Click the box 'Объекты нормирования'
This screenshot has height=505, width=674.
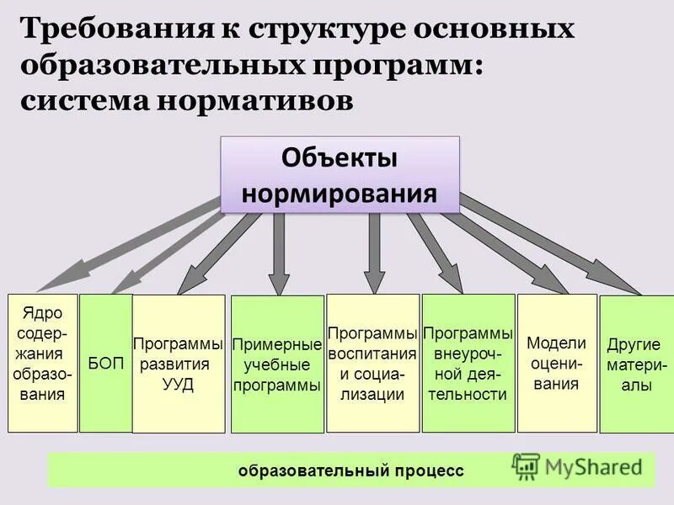click(340, 174)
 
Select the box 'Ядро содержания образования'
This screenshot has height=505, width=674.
click(42, 362)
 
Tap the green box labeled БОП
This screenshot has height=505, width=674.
click(106, 363)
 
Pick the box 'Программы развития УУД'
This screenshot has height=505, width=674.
click(179, 364)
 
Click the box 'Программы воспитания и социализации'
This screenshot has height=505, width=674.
click(372, 363)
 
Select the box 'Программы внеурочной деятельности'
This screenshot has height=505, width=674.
click(468, 363)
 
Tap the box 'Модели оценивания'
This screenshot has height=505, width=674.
click(556, 363)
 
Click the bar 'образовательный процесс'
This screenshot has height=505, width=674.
click(350, 470)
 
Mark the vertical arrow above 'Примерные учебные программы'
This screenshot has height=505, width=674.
click(281, 252)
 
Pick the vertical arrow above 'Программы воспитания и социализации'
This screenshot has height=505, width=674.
click(376, 252)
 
